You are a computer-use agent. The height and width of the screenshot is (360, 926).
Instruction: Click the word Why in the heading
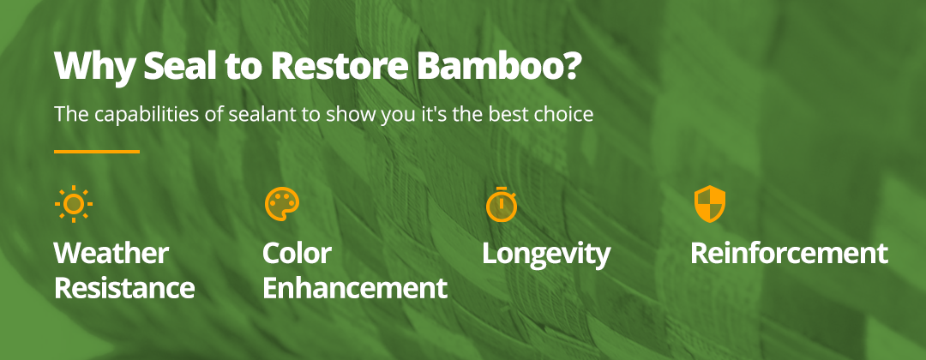[x=94, y=67]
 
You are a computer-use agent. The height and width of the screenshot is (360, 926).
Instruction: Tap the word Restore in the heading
[x=339, y=65]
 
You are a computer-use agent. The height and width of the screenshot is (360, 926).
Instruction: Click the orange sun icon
[x=74, y=204]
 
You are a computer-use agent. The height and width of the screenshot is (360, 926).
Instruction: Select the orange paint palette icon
[x=282, y=204]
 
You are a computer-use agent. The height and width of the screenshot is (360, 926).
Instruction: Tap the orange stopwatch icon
[x=502, y=204]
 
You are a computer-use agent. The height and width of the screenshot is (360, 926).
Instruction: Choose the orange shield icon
[x=709, y=204]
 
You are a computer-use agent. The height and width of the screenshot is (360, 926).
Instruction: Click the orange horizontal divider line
[x=97, y=152]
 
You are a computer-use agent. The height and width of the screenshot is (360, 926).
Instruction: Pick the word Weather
[x=111, y=253]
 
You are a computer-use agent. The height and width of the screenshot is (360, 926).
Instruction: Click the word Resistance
[x=124, y=287]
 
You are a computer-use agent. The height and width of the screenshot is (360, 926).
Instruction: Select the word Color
[x=297, y=253]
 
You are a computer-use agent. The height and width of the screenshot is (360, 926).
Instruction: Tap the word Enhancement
[x=355, y=287]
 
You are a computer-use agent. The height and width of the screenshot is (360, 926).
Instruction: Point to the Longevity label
[x=546, y=255]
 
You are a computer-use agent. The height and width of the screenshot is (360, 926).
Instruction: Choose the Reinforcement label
[x=789, y=253]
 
